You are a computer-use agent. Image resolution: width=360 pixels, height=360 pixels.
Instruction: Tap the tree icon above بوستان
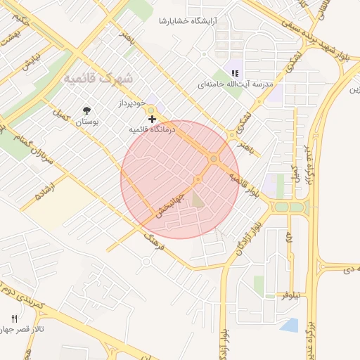(86, 110)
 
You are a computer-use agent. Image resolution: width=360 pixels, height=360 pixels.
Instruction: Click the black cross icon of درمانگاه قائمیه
(152, 120)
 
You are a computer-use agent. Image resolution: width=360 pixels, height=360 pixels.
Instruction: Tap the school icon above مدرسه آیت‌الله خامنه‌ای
(235, 72)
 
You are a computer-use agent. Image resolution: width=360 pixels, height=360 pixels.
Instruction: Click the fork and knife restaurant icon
(15, 319)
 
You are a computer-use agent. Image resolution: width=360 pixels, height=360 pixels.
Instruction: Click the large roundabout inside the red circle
(214, 160)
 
